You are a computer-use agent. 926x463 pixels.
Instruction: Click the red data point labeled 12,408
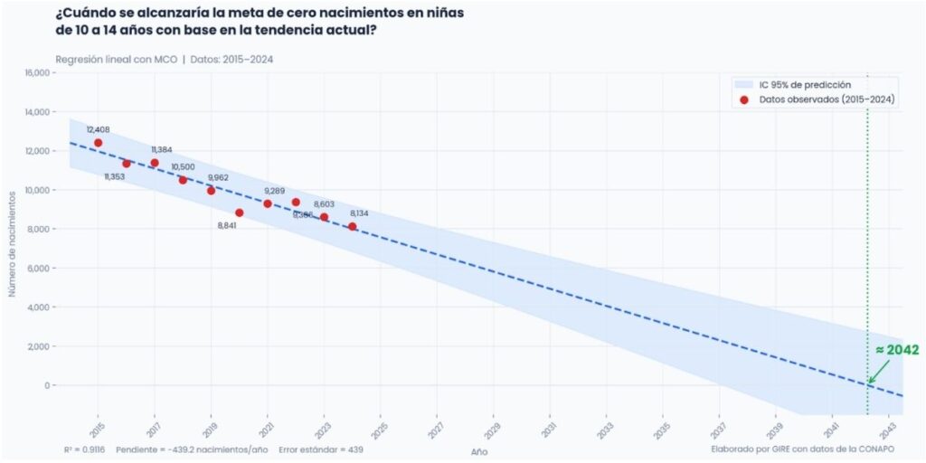click(x=98, y=143)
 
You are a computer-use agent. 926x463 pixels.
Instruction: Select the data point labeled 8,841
click(x=239, y=213)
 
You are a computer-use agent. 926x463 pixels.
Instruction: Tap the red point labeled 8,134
click(x=352, y=226)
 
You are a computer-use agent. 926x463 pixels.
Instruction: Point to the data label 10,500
click(x=183, y=167)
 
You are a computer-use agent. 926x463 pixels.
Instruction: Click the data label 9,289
click(x=274, y=191)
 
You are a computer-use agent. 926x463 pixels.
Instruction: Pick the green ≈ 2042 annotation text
click(x=897, y=350)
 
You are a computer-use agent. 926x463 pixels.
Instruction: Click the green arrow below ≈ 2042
click(x=878, y=371)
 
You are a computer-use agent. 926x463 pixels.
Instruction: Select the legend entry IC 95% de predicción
click(x=805, y=84)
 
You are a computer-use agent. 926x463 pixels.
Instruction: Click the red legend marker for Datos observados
click(x=744, y=99)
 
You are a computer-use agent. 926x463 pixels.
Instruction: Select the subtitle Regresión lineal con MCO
click(x=116, y=60)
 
